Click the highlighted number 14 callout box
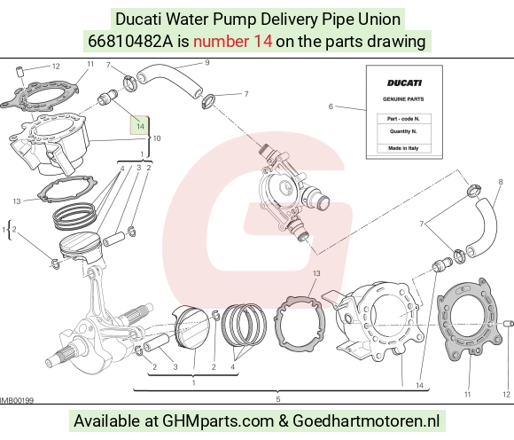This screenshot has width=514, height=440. tap(140, 125)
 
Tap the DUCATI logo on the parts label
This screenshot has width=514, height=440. tap(404, 83)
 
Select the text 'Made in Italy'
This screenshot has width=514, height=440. tap(403, 148)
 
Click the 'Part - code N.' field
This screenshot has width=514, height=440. tap(403, 119)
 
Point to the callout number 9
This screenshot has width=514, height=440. tap(207, 62)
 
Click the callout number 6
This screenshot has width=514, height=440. tap(331, 106)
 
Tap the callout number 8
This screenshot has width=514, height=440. tap(501, 182)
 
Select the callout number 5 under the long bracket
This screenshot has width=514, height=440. tap(278, 399)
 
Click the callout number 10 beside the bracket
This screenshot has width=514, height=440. tap(157, 138)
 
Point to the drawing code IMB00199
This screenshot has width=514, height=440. tap(16, 400)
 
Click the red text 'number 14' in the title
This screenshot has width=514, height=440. tap(232, 42)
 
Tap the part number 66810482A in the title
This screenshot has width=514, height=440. tap(129, 42)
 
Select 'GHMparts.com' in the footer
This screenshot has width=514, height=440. tap(218, 421)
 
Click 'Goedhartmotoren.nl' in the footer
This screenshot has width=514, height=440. tap(366, 420)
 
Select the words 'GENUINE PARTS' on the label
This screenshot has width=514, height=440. tap(403, 99)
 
